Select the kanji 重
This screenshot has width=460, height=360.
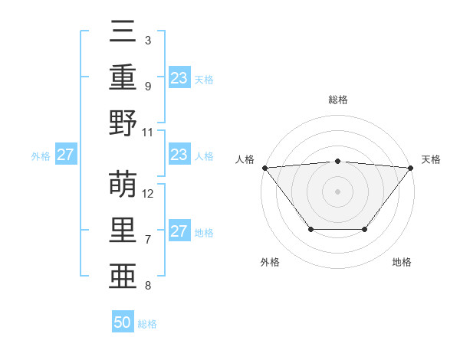tap(123, 78)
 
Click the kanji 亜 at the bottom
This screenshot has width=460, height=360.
tap(123, 275)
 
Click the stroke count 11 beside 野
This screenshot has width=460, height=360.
tap(148, 132)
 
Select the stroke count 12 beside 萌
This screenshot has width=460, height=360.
tap(148, 194)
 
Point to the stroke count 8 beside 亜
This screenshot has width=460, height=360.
tap(148, 286)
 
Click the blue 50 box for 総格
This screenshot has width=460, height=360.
tap(123, 322)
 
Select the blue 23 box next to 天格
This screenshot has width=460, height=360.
tap(179, 78)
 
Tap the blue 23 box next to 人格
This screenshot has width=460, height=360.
tap(179, 155)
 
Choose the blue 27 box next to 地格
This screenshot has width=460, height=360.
tap(179, 231)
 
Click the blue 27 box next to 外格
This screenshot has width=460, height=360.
tap(65, 155)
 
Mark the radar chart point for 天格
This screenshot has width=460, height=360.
tap(411, 167)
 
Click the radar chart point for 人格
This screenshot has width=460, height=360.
tap(264, 167)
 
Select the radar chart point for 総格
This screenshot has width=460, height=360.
tap(337, 161)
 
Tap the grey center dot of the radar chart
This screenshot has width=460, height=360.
tap(337, 191)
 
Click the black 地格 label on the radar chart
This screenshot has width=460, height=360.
tap(402, 262)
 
